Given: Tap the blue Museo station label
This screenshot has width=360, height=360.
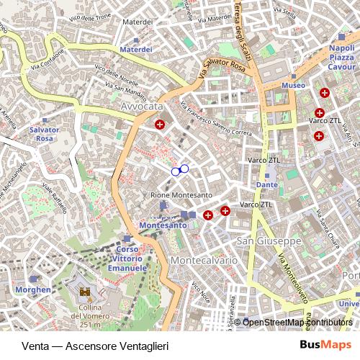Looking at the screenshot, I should [293, 85].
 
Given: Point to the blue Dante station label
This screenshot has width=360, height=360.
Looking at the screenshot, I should [266, 185].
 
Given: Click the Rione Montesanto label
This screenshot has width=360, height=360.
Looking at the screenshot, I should [181, 195].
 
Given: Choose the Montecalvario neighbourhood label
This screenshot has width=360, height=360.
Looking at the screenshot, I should [204, 260].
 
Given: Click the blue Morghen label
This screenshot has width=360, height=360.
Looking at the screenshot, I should [32, 289].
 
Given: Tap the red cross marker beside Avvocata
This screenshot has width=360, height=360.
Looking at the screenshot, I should [160, 124].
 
